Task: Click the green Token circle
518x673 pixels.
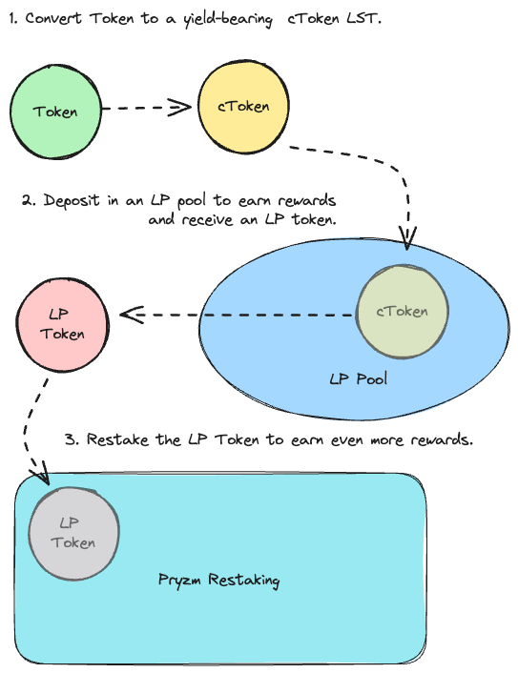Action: point(55,112)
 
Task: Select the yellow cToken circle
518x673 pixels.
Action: point(243,107)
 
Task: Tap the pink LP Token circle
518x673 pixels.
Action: point(62,324)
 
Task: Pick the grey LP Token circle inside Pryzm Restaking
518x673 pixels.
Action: point(73,534)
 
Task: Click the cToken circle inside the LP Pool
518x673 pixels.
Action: point(403,312)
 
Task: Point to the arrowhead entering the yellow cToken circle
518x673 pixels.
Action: point(180,108)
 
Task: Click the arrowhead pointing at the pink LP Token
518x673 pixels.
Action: point(132,315)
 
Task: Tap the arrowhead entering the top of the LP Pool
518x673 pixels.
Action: point(407,238)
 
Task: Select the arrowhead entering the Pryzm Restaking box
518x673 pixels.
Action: point(42,475)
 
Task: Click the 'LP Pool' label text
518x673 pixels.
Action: point(359,379)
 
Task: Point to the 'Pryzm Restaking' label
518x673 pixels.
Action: point(219,581)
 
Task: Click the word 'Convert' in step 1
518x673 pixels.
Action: point(53,18)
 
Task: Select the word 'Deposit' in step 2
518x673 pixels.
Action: point(72,201)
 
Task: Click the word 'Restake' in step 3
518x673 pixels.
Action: point(117,439)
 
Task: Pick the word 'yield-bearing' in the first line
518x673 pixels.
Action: point(228,20)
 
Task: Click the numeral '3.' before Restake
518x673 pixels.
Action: point(72,440)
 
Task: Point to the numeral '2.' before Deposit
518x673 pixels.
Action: point(30,201)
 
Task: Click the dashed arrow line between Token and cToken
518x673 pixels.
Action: point(147,108)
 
